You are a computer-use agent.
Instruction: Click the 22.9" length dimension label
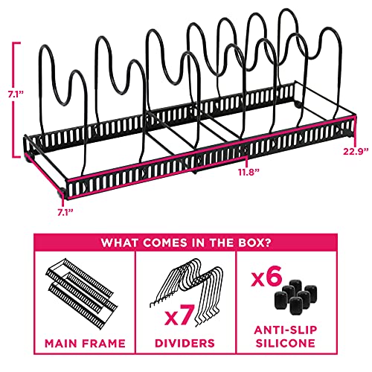356,151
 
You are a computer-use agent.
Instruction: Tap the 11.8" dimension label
248,172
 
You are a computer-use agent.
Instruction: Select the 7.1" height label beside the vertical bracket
16,94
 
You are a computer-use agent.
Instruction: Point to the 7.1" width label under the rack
65,213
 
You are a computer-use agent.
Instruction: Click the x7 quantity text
179,315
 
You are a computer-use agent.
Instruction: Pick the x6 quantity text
267,276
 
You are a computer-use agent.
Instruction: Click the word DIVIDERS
185,343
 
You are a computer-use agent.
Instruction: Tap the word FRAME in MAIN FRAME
103,344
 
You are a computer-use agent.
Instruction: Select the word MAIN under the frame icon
61,344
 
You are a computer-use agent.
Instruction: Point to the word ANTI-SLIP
286,330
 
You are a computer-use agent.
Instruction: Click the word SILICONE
286,343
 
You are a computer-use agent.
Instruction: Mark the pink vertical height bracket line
13,100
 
